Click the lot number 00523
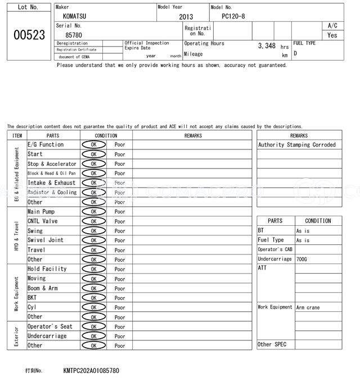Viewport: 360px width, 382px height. click(x=29, y=35)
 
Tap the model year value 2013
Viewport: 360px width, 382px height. click(x=186, y=17)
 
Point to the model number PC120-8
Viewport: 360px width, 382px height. click(x=233, y=16)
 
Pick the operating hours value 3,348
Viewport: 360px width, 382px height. click(x=267, y=46)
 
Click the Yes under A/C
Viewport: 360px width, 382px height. click(x=332, y=35)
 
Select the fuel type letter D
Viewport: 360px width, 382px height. click(x=295, y=53)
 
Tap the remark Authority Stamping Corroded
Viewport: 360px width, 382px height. click(x=296, y=145)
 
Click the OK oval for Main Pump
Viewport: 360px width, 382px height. click(x=93, y=212)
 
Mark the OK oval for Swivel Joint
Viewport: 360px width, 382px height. click(x=93, y=240)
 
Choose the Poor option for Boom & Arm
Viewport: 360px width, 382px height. click(x=120, y=288)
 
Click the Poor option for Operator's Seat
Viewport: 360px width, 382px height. click(x=120, y=326)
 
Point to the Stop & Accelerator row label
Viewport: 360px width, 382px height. click(x=52, y=164)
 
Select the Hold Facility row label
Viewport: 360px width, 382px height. click(x=47, y=269)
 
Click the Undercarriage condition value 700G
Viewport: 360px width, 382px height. click(x=303, y=259)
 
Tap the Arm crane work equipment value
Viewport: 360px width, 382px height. click(x=308, y=307)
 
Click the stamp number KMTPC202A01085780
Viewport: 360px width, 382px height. click(x=91, y=371)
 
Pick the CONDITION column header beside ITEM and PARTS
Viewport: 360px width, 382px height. click(x=106, y=135)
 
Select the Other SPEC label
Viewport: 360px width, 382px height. click(x=272, y=344)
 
